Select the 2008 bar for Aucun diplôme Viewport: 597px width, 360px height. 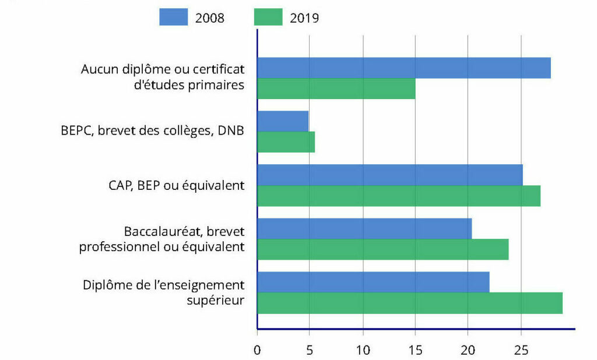point(403,68)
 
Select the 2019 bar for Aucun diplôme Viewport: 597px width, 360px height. point(336,89)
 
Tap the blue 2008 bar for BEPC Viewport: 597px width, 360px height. point(283,121)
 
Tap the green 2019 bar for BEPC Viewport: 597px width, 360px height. point(286,142)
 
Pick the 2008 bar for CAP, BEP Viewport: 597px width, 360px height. point(389,175)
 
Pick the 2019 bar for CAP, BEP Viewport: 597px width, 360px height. point(398,196)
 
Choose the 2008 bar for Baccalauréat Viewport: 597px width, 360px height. point(364,228)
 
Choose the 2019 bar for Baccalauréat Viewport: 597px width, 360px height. point(382,249)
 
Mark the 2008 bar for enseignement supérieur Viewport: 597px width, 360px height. point(373,282)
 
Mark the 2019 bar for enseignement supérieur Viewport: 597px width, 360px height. point(409,303)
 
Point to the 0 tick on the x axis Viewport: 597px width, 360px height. point(257,351)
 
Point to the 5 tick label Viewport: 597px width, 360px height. point(310,351)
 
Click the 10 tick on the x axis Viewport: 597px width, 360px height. point(363,351)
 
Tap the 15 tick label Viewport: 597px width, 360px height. point(415,351)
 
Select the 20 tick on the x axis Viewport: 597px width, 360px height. point(468,351)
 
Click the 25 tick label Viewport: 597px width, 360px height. point(521,351)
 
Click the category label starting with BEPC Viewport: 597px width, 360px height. point(152,132)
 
